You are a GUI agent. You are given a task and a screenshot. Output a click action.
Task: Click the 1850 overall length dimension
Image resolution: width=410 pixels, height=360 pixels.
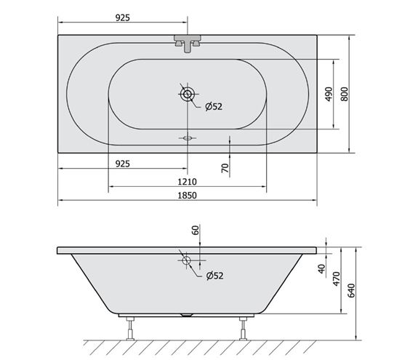point(188,196)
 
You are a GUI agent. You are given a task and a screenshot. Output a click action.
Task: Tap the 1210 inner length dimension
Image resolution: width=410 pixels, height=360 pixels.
point(188,182)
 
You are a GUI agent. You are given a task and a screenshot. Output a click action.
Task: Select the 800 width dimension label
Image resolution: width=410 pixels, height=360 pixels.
point(345,95)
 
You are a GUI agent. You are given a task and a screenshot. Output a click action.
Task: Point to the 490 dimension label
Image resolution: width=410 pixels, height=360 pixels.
point(329,95)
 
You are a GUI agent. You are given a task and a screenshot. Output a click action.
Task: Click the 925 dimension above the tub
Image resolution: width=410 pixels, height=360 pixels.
point(123,17)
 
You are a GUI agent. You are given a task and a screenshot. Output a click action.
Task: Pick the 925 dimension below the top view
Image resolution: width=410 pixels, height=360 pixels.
point(123,164)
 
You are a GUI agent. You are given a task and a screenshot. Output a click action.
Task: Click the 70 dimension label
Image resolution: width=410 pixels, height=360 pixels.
point(225,168)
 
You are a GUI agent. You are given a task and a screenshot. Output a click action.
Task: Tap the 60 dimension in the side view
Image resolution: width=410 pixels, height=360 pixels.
point(196,230)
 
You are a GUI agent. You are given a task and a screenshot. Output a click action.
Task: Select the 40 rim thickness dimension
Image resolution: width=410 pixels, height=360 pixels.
point(321,268)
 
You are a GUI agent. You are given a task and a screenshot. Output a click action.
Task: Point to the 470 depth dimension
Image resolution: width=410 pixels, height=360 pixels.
point(337,279)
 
